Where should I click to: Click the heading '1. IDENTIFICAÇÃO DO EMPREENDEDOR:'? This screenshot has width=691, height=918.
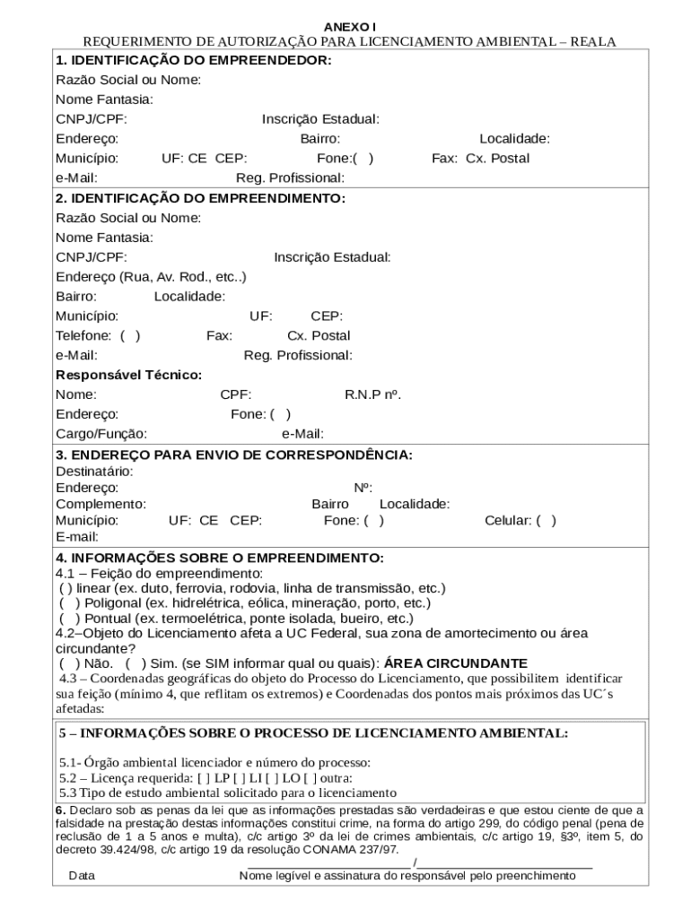click(x=193, y=60)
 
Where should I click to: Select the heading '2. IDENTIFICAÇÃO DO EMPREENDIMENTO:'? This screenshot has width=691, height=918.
click(x=200, y=198)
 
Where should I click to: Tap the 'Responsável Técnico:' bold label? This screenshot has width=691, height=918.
click(x=128, y=375)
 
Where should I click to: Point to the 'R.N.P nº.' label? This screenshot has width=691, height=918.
click(x=372, y=394)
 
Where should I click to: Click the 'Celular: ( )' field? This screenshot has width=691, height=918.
click(x=520, y=520)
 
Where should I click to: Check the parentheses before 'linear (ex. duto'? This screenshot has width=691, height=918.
click(x=66, y=588)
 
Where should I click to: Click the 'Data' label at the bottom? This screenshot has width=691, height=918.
click(x=83, y=876)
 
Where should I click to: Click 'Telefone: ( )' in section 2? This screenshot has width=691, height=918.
click(x=98, y=335)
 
